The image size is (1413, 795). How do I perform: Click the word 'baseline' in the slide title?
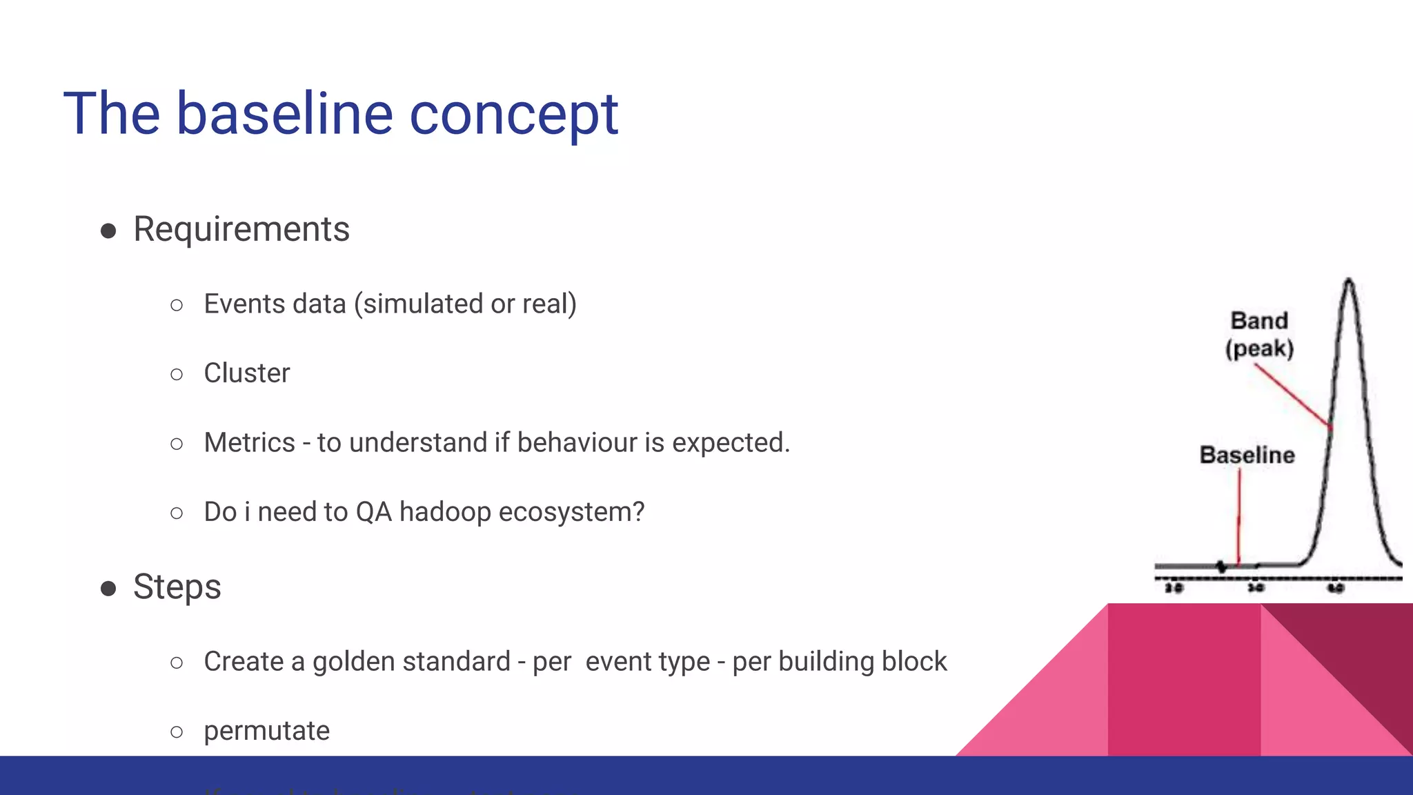pyautogui.click(x=284, y=114)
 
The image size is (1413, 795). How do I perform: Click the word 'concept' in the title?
pyautogui.click(x=513, y=114)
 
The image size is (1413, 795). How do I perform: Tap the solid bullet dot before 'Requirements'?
pyautogui.click(x=108, y=230)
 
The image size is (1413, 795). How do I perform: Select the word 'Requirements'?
pyautogui.click(x=241, y=229)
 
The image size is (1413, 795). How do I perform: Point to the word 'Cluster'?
pyautogui.click(x=247, y=373)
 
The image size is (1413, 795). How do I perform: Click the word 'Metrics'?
pyautogui.click(x=249, y=442)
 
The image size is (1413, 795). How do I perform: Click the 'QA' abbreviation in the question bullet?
pyautogui.click(x=373, y=512)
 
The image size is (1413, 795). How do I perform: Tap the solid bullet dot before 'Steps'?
pyautogui.click(x=108, y=588)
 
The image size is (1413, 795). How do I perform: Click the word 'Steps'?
pyautogui.click(x=177, y=587)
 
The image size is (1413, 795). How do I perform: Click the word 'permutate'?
pyautogui.click(x=266, y=731)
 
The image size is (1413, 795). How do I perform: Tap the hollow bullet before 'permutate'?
pyautogui.click(x=177, y=732)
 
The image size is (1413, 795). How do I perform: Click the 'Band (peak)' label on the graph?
pyautogui.click(x=1259, y=334)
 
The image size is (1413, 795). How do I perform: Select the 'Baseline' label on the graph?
pyautogui.click(x=1247, y=455)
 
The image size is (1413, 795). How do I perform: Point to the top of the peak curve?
pyautogui.click(x=1349, y=282)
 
